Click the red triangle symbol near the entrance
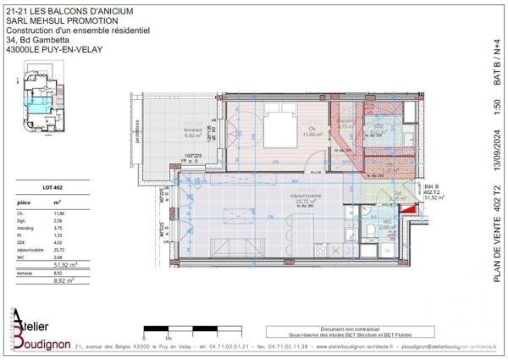pos(409,208)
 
